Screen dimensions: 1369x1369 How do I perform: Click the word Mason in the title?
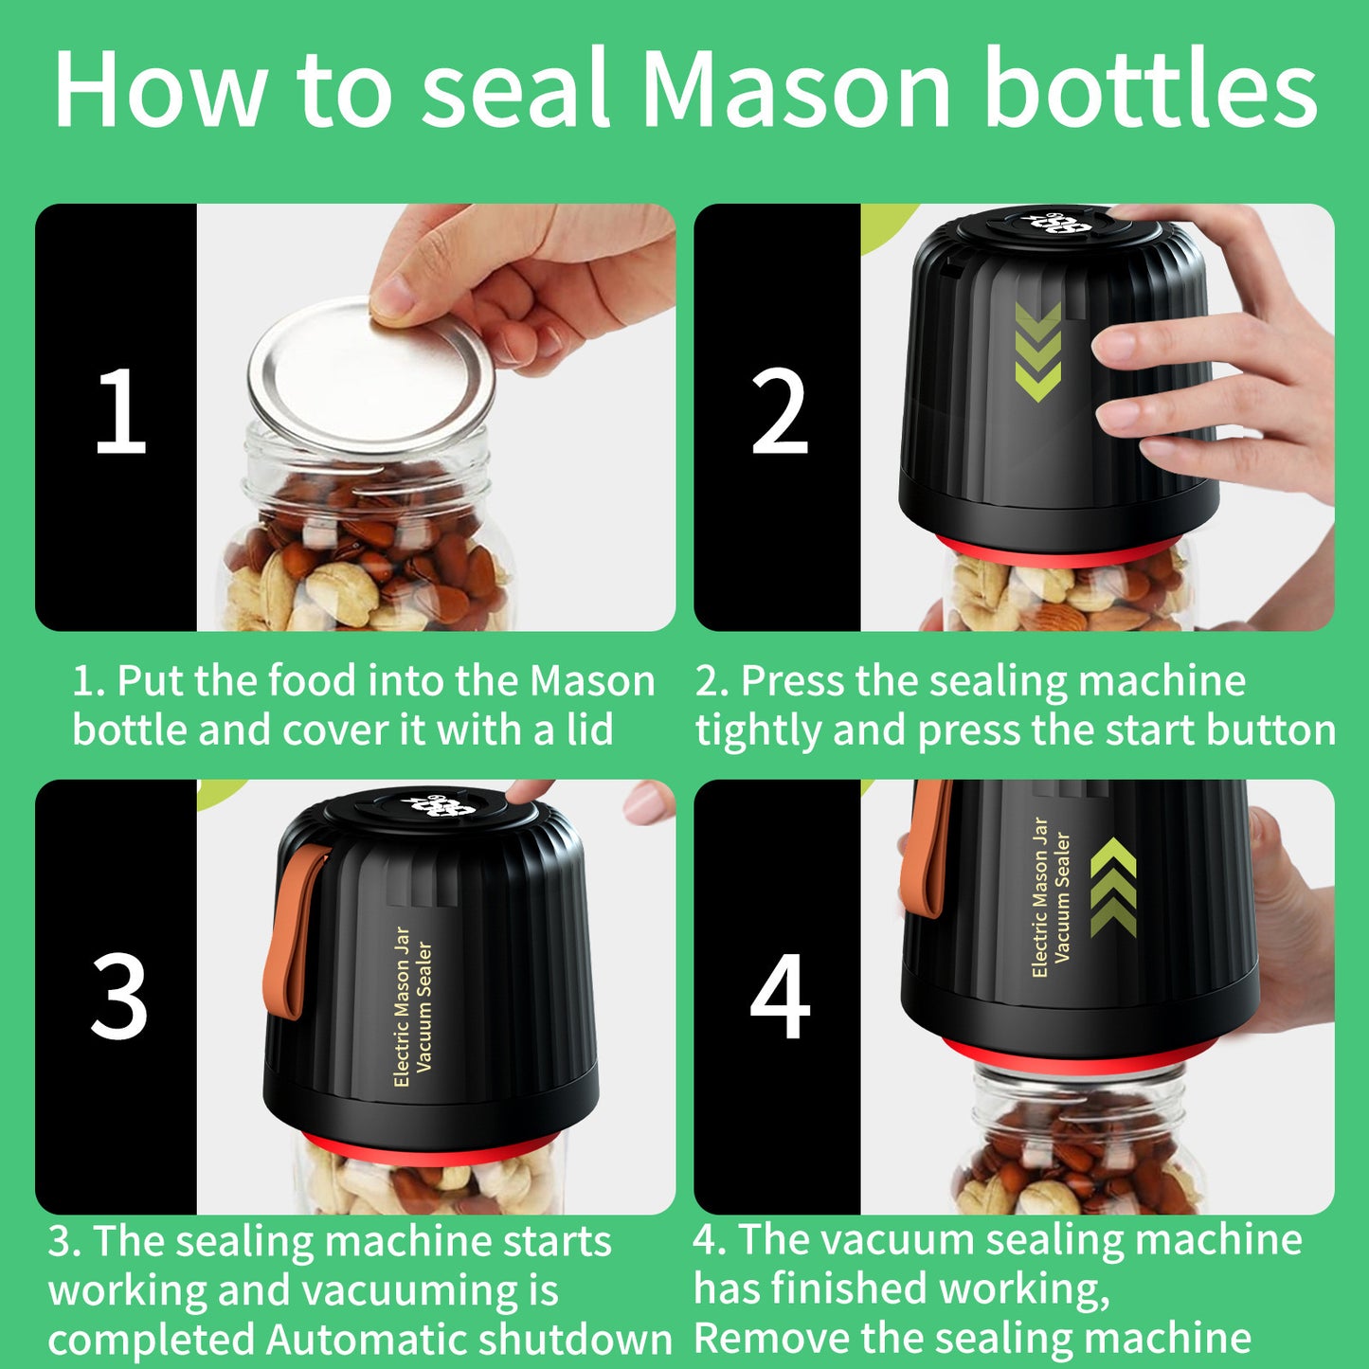[x=796, y=89]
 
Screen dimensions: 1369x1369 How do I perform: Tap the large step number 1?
[x=120, y=413]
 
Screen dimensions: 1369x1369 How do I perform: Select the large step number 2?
[x=779, y=413]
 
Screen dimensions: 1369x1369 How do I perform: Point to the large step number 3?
[x=119, y=998]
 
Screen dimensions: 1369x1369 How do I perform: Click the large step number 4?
[x=779, y=998]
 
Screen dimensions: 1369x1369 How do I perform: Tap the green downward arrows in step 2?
[x=1037, y=351]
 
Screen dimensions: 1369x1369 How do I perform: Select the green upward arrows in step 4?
[x=1112, y=889]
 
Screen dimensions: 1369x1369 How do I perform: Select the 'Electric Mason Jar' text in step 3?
[x=402, y=1006]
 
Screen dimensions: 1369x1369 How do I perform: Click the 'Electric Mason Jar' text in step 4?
[x=1040, y=897]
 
